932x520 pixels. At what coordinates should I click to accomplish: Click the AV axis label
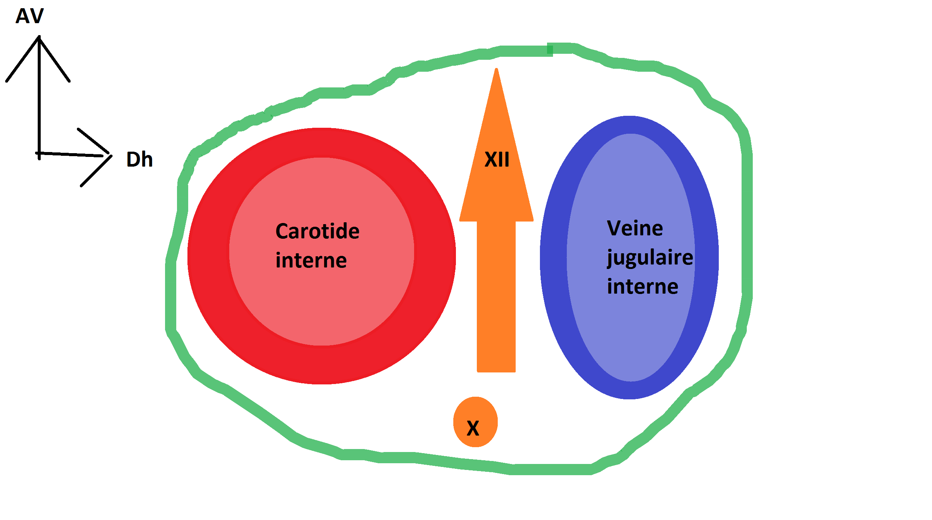[x=29, y=16]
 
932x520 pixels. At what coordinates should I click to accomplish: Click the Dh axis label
[x=139, y=160]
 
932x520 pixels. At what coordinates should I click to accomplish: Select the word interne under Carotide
[x=311, y=260]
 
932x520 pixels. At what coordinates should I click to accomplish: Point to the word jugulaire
[x=650, y=257]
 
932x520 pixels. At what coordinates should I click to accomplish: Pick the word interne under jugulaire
[x=642, y=287]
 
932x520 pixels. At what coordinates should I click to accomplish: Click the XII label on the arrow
[x=497, y=160]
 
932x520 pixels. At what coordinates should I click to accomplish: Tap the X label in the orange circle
[x=473, y=428]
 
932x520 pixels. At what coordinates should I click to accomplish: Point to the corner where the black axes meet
[x=39, y=153]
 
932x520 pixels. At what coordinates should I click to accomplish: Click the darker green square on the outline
[x=550, y=49]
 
